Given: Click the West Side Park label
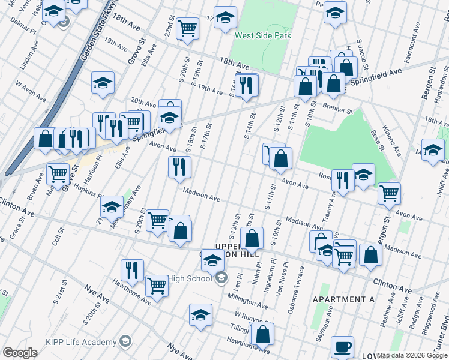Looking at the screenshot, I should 262,35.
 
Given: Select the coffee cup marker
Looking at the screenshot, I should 342,347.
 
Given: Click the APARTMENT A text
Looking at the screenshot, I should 348,299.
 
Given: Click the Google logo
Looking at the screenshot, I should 20,353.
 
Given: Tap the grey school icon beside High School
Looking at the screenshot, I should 221,277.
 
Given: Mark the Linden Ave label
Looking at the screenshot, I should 28,53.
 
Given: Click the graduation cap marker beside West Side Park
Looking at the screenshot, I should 225,19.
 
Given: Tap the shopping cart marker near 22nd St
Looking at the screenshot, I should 187,28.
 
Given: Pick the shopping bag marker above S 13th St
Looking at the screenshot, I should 253,238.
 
